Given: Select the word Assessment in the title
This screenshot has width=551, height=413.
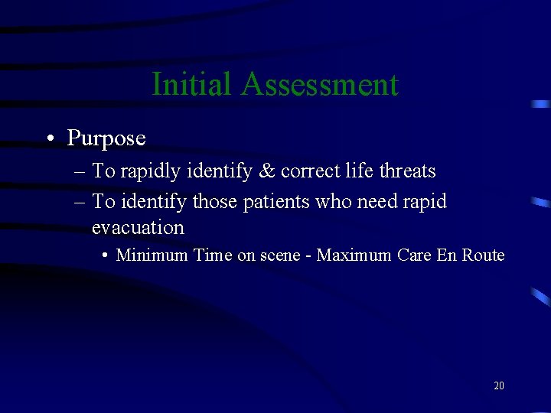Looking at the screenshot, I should tap(319, 84).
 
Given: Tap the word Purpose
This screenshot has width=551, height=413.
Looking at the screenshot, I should tap(106, 138).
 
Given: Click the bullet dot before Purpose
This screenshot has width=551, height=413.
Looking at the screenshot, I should tap(49, 138).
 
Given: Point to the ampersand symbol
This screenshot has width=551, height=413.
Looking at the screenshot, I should tap(267, 171).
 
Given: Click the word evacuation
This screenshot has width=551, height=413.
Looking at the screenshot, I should tap(138, 228).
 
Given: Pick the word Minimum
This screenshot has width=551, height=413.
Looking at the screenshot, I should tap(152, 255).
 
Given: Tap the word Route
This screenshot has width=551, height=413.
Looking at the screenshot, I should tap(482, 255).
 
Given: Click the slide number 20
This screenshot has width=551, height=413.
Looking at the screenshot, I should tap(499, 385).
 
